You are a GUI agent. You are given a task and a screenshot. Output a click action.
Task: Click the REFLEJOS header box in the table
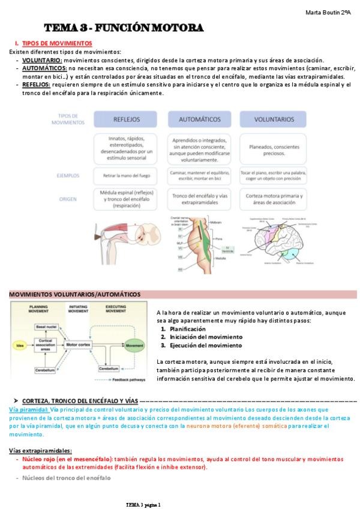[x=127, y=119]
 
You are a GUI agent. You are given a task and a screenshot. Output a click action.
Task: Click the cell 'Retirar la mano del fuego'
[x=127, y=176]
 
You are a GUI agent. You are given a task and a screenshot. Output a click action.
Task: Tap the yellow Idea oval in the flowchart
[x=20, y=346]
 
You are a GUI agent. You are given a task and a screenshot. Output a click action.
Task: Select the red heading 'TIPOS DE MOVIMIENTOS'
[x=56, y=43]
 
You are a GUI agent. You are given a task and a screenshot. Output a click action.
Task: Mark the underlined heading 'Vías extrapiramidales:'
[x=40, y=450]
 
